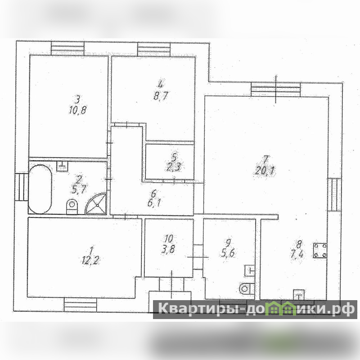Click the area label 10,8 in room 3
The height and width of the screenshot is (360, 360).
point(77,110)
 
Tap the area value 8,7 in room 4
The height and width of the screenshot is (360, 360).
point(161,96)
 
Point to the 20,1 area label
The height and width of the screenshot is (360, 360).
point(265,171)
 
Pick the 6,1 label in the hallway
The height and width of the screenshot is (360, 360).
point(154,203)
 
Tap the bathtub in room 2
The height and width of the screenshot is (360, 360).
point(40,189)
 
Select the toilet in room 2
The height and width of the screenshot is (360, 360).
point(72,206)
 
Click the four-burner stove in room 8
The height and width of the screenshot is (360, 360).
point(320,251)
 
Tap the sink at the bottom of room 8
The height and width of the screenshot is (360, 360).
point(299,295)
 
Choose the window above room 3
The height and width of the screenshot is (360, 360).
point(67,49)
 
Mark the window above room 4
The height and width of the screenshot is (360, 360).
point(154,49)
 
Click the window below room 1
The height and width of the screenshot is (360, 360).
point(81,305)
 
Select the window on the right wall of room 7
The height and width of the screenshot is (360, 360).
point(334,195)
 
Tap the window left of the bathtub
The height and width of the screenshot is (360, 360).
point(22,187)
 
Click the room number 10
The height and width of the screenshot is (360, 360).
point(169,239)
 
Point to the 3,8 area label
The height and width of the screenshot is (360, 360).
point(168,249)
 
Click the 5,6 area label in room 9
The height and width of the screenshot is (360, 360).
point(228,253)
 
